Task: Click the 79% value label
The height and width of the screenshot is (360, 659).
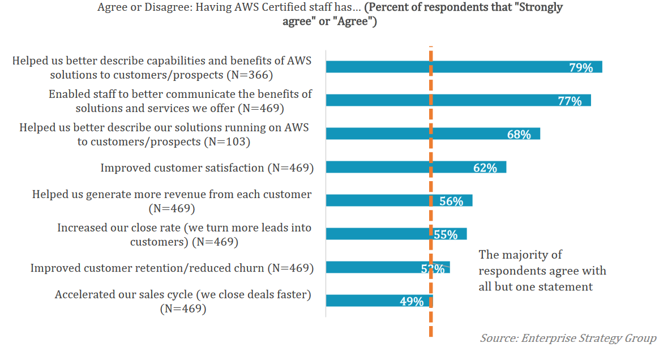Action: [x=581, y=68]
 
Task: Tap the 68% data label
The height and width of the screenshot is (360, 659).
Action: [x=519, y=135]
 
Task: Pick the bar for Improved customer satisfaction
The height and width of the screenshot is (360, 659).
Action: [x=396, y=167]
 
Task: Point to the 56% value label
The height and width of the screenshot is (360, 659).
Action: [x=451, y=201]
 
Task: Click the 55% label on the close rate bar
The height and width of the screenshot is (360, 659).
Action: [x=446, y=234]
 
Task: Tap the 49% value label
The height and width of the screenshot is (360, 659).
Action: [x=412, y=302]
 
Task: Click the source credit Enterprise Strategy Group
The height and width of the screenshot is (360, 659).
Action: [x=568, y=338]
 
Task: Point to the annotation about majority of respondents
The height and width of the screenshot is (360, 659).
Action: [x=542, y=271]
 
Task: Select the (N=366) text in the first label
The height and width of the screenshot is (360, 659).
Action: [x=250, y=75]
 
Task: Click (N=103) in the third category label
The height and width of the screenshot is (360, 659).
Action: [x=226, y=142]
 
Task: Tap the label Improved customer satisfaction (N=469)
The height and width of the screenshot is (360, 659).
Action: [x=207, y=168]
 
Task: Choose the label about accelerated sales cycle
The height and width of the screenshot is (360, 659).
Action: [x=183, y=302]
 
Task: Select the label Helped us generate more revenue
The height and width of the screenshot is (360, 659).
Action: [x=172, y=201]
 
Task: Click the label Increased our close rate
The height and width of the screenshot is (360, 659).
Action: [x=184, y=234]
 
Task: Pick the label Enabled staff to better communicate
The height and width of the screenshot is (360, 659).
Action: [x=180, y=100]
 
